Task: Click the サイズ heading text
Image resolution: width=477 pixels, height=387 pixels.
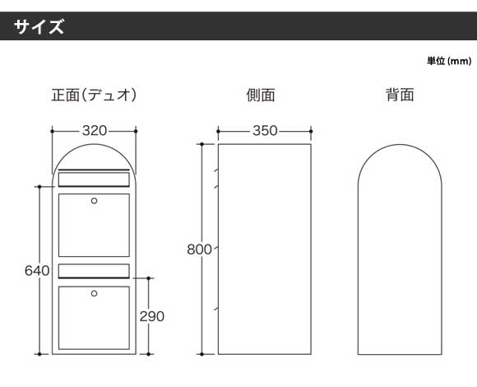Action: point(39,26)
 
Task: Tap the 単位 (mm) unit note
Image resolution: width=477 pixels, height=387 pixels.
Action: point(449,61)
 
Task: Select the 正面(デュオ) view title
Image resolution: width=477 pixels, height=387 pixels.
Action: point(94,95)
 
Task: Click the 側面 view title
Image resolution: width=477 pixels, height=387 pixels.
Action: point(261,95)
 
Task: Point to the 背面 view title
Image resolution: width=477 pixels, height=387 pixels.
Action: point(400,95)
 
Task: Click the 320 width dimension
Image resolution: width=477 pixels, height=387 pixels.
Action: point(95,131)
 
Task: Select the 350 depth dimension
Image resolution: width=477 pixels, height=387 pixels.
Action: point(265,131)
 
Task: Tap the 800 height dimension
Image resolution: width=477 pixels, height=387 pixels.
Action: point(199,249)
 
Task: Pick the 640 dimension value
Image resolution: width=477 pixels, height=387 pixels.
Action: point(37,271)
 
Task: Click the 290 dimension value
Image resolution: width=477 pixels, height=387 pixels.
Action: point(152,317)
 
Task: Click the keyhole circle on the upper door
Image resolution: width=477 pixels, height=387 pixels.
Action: point(95,201)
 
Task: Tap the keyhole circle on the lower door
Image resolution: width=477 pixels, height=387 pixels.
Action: point(95,293)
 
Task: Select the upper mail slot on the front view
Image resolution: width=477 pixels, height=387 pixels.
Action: point(94,179)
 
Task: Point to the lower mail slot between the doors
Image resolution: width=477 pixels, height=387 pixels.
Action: point(94,271)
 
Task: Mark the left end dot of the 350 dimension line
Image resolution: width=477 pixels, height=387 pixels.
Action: point(219,131)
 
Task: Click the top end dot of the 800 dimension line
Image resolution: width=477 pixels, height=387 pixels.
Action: point(201,144)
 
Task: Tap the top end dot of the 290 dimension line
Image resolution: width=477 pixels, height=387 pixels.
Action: point(149,278)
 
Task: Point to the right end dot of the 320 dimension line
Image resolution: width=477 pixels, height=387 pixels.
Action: point(136,131)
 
